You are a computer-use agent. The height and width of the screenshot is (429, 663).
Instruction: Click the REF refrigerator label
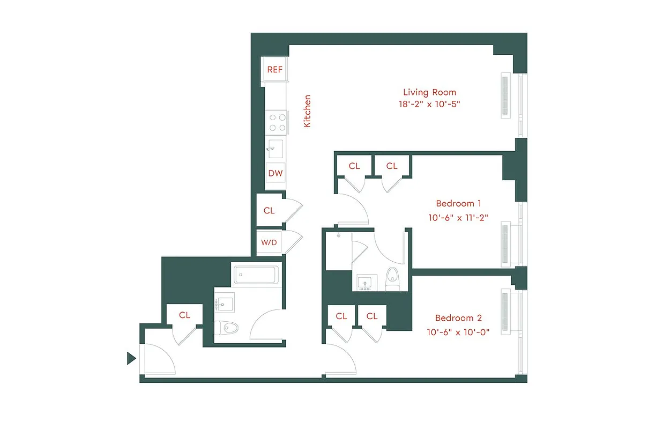pos(275,70)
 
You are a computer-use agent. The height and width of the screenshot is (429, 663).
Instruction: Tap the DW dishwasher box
pos(275,173)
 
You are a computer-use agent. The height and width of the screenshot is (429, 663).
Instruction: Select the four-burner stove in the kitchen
pos(277,122)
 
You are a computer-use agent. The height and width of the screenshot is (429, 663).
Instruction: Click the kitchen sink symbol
pos(276,147)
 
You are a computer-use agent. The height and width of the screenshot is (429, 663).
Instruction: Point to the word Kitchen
pos(307,111)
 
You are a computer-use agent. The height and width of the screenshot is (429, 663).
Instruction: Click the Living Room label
pos(429,92)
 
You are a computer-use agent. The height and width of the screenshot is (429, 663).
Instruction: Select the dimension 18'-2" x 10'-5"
pos(429,104)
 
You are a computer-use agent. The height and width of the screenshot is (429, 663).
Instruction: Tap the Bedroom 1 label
pos(458,204)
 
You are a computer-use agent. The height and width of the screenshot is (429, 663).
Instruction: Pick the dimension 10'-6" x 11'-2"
pos(458,217)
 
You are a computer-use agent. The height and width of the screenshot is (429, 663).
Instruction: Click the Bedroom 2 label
pos(458,318)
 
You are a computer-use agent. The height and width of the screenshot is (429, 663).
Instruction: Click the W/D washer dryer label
pos(269,242)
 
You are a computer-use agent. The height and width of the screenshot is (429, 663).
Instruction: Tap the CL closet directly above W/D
pos(269,211)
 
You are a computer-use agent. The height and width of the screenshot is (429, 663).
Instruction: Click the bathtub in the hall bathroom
pos(256,276)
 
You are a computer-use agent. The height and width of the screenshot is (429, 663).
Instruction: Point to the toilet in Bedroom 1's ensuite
pos(393,277)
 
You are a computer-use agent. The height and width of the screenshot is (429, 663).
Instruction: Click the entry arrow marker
pos(131,358)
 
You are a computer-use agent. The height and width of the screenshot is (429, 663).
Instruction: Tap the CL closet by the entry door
pos(184,315)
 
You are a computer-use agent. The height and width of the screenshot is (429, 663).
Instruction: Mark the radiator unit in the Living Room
pos(505,95)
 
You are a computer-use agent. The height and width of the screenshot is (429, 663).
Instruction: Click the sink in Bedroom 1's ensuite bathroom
pos(366,282)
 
